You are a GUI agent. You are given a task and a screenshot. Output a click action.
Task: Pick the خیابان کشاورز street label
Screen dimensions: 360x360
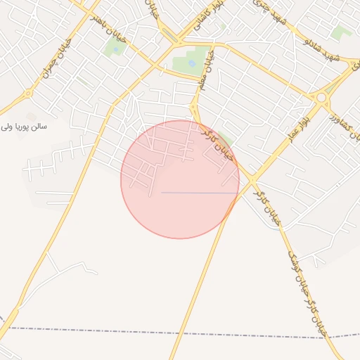[344, 112]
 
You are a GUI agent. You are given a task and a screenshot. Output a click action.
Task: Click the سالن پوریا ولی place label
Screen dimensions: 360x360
[24, 127]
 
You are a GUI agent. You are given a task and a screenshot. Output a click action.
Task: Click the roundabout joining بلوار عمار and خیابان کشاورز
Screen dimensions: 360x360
[323, 98]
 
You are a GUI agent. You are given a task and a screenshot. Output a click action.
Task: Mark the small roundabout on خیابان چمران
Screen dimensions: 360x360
[28, 93]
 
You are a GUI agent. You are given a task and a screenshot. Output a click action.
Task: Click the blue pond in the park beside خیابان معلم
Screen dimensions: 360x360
[192, 64]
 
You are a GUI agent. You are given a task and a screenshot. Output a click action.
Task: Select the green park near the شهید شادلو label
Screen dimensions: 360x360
[342, 32]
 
